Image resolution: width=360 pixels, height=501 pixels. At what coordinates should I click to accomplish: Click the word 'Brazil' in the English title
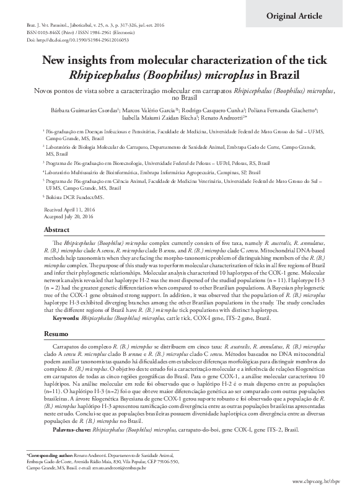282,75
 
